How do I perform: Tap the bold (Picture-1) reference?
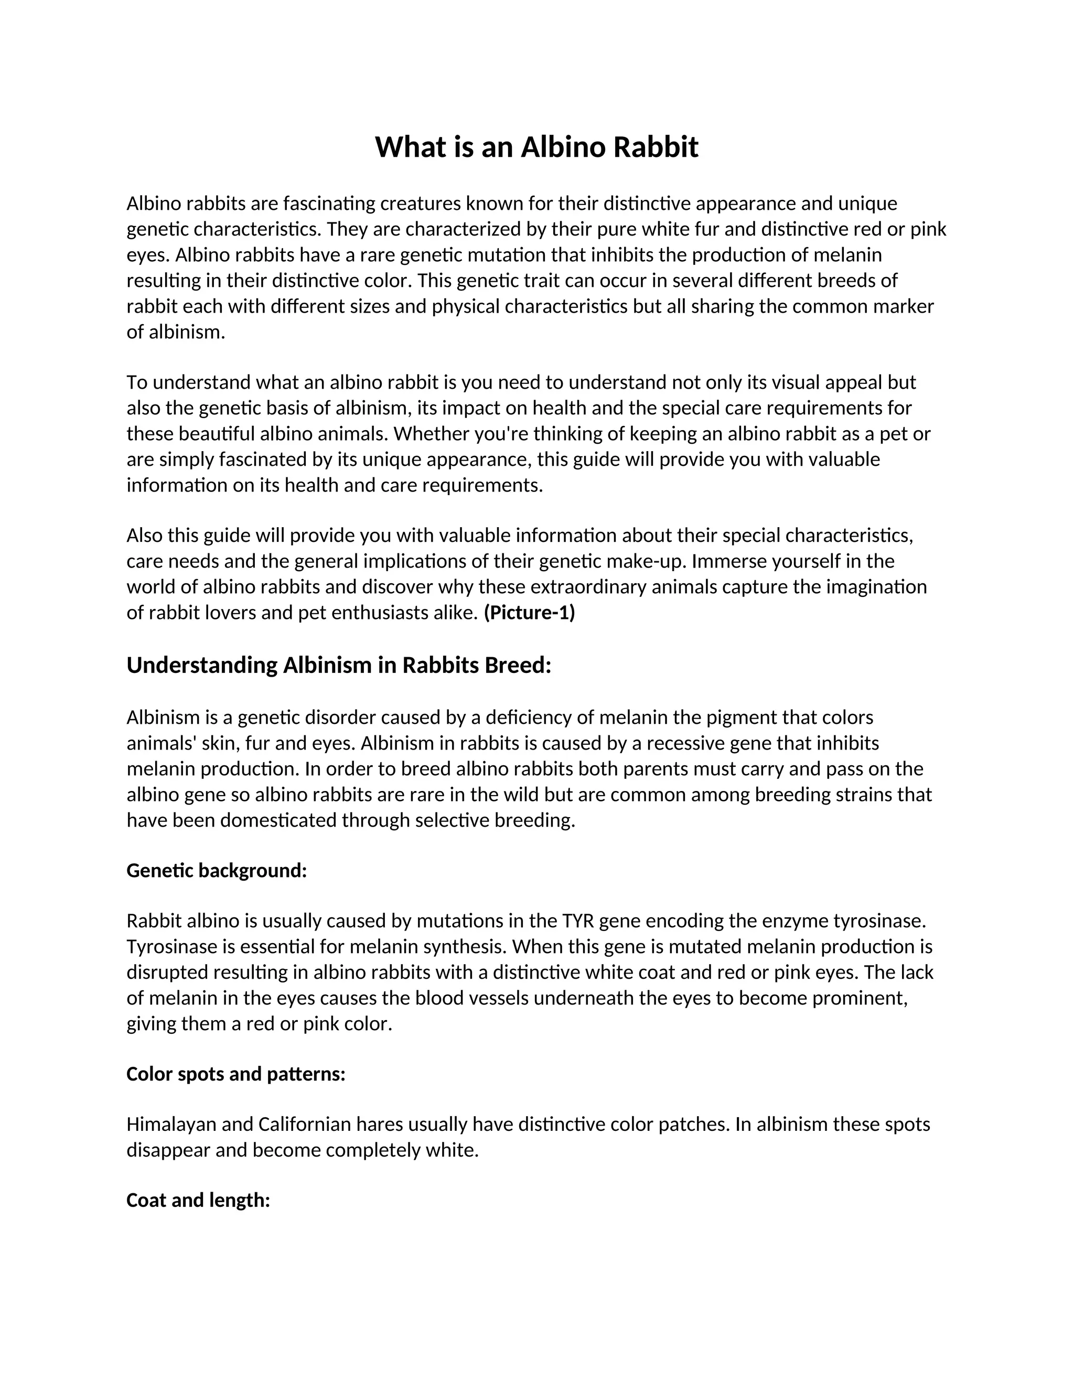pyautogui.click(x=529, y=613)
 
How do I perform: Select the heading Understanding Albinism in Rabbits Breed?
pyautogui.click(x=338, y=665)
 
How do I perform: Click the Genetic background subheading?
pyautogui.click(x=217, y=871)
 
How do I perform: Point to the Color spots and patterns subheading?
pyautogui.click(x=236, y=1074)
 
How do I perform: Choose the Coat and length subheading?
pyautogui.click(x=199, y=1200)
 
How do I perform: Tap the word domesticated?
pyautogui.click(x=283, y=820)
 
